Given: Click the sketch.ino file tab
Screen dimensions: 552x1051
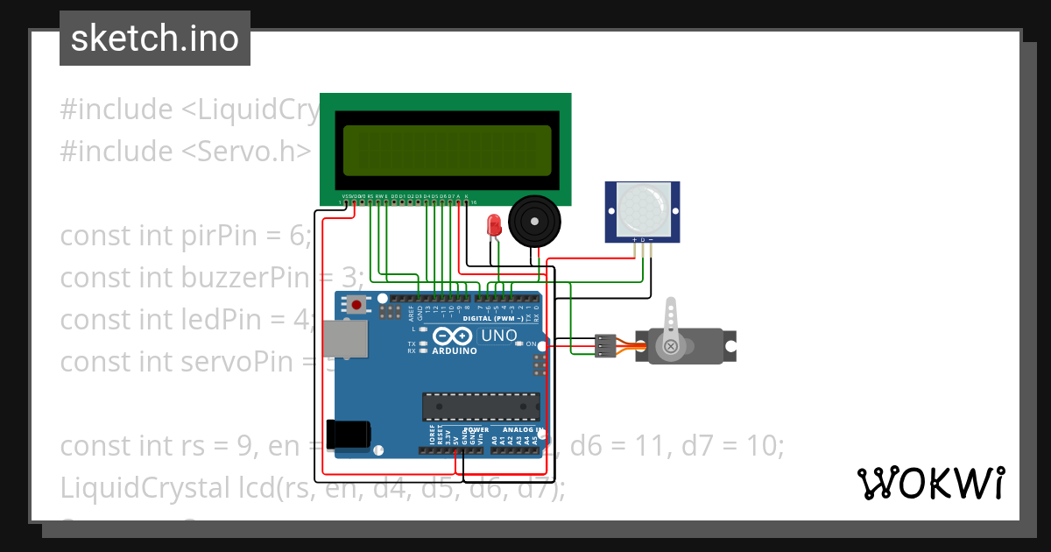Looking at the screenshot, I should (155, 39).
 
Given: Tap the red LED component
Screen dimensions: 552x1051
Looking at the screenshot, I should (494, 224).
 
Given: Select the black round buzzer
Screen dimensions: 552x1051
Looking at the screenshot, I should (533, 220).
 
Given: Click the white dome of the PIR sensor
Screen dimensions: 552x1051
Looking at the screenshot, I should (642, 207).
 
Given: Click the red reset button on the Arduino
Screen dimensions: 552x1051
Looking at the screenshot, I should (357, 305).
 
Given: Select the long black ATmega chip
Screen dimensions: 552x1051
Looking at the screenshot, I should (480, 407).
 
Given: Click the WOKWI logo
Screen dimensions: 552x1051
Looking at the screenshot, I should (930, 483).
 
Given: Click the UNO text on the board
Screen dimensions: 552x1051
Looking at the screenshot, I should (499, 336).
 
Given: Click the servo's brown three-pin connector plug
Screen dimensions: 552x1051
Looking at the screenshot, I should (605, 345).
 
